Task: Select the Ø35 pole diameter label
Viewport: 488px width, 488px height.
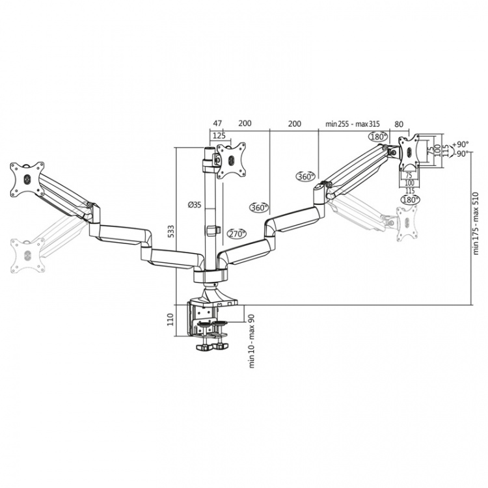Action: [193, 204]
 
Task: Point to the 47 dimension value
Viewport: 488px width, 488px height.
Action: [217, 123]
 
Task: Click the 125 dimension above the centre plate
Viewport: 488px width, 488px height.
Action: [219, 135]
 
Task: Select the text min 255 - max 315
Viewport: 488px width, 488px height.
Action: [352, 123]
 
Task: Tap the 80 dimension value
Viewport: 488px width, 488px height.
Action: [398, 123]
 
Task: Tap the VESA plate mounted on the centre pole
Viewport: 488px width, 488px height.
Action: [232, 160]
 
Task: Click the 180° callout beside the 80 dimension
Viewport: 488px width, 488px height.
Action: [377, 137]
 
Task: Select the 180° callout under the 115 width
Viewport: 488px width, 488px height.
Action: [410, 200]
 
